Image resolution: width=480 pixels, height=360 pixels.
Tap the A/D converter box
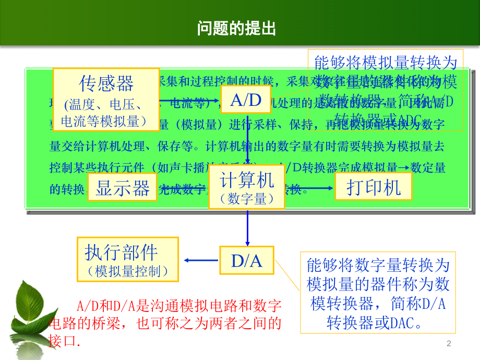click(x=246, y=100)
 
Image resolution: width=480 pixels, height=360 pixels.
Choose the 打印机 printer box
click(x=374, y=187)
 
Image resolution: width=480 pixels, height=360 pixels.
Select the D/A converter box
click(x=246, y=260)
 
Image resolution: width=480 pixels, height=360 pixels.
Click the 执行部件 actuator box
click(x=128, y=259)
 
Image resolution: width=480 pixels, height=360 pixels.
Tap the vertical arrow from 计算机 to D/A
click(x=247, y=227)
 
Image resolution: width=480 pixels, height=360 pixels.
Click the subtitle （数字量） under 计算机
click(x=247, y=199)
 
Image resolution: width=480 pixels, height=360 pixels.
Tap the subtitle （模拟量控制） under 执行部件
click(x=128, y=271)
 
